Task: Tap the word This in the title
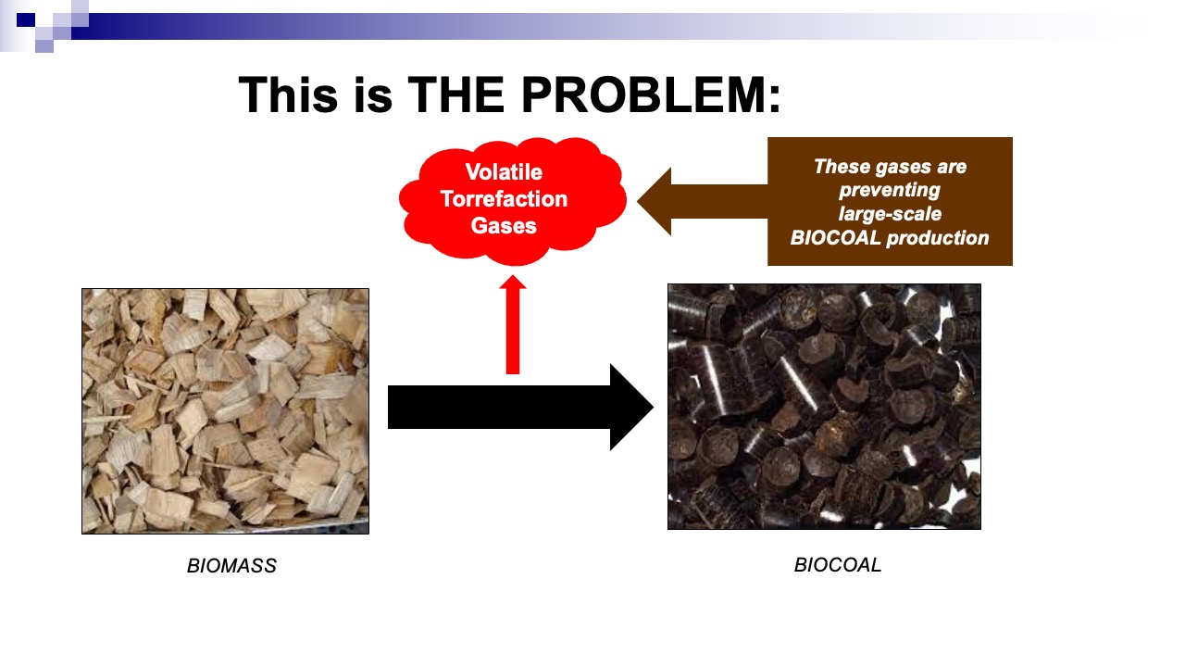[x=288, y=94]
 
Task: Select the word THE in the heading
[x=455, y=94]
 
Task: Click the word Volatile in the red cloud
[x=504, y=172]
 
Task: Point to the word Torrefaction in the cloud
[x=504, y=199]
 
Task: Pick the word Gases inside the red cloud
[x=504, y=226]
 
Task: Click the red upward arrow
[x=513, y=324]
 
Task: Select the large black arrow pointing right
[x=520, y=407]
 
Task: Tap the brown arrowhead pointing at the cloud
[x=655, y=201]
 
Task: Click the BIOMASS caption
[x=231, y=566]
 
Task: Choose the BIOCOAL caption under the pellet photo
[x=838, y=565]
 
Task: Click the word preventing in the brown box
[x=890, y=190]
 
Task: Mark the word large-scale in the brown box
[x=890, y=214]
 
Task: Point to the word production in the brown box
[x=938, y=238]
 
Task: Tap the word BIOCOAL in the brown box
[x=835, y=238]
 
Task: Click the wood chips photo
[x=225, y=411]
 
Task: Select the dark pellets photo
[x=824, y=407]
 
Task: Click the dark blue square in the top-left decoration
[x=26, y=20]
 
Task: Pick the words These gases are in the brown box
[x=890, y=166]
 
